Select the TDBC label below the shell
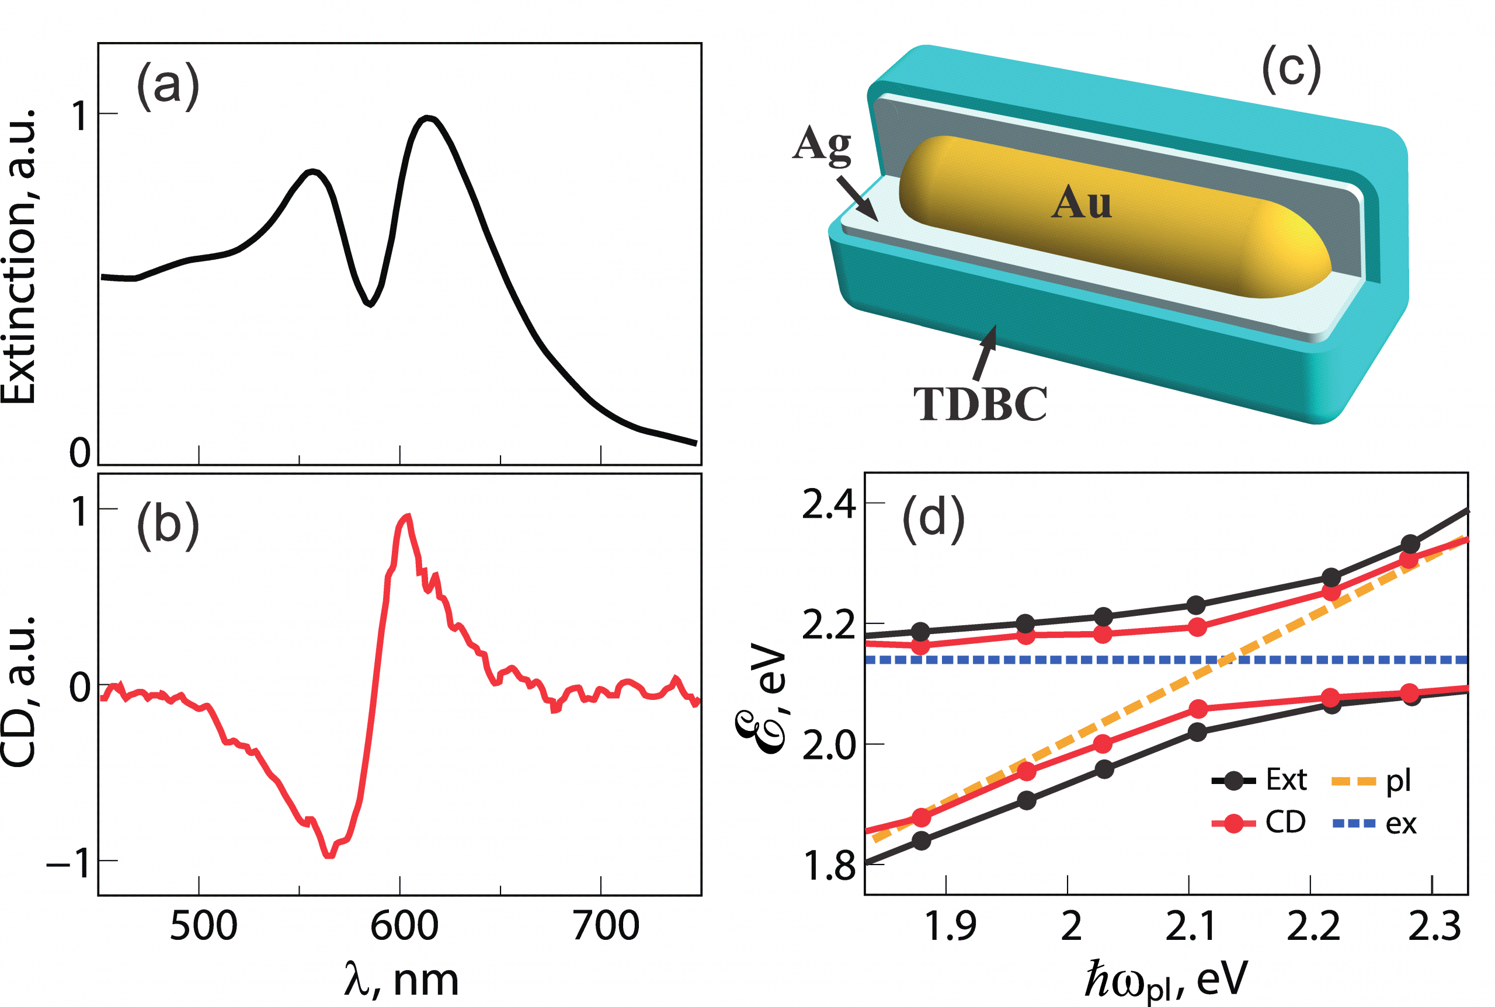pyautogui.click(x=980, y=404)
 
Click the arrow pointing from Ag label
pyautogui.click(x=858, y=198)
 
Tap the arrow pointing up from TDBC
pyautogui.click(x=985, y=353)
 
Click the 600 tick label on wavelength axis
pyautogui.click(x=404, y=925)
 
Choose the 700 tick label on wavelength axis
pyautogui.click(x=606, y=925)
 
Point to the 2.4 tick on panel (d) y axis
pyautogui.click(x=829, y=505)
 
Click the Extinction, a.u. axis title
pyautogui.click(x=19, y=257)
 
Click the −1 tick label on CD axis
pyautogui.click(x=68, y=862)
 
